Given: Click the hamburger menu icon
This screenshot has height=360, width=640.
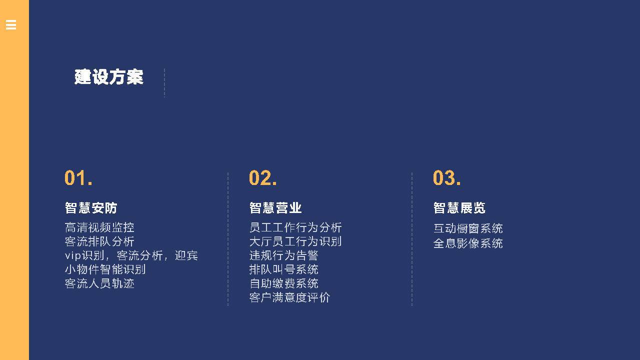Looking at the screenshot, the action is (11, 25).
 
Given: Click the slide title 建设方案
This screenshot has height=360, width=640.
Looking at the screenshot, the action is (109, 77).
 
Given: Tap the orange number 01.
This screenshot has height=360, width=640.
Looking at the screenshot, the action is (78, 177).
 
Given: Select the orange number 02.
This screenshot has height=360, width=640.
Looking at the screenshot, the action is (262, 177).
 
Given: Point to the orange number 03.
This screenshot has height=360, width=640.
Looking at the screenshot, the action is (446, 177).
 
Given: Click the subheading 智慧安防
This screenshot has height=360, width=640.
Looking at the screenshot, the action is (91, 207).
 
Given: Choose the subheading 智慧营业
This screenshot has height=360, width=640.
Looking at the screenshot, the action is (275, 207).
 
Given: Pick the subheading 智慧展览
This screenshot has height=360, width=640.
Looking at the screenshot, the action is (459, 207).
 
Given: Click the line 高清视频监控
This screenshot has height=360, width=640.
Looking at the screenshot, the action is (99, 227).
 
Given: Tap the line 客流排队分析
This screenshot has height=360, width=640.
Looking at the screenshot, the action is (99, 241).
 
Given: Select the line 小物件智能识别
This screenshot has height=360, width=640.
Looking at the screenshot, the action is (105, 269).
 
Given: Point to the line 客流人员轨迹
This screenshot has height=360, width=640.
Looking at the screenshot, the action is (99, 283).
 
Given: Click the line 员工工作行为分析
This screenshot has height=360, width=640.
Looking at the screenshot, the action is (295, 227).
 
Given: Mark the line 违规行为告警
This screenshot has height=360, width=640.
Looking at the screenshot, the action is (283, 255).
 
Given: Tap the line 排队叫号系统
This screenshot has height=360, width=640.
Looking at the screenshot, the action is (283, 269).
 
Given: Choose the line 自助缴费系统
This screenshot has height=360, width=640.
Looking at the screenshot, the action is (283, 283).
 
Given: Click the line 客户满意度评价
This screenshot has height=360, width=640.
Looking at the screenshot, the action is (289, 297).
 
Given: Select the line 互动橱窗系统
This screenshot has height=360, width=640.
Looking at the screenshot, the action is (468, 228).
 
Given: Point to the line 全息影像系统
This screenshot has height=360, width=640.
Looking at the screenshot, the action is (468, 243).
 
